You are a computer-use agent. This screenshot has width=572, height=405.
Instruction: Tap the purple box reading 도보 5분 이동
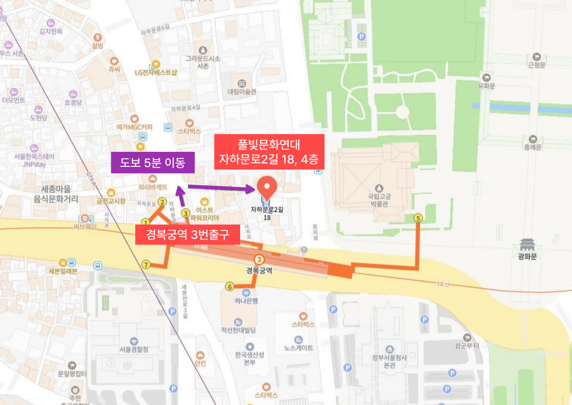tap(153, 162)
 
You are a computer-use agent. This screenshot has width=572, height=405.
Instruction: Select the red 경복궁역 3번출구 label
tap(187, 235)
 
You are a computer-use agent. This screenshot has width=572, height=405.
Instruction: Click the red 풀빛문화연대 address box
tap(269, 152)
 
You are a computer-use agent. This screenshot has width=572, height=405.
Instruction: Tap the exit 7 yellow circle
tap(146, 265)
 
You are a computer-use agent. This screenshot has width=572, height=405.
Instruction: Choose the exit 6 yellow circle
tap(230, 286)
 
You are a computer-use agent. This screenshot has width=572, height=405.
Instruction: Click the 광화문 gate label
tap(528, 256)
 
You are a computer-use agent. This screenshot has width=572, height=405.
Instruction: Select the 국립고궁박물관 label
tap(379, 201)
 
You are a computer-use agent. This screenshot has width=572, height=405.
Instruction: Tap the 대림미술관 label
tap(242, 91)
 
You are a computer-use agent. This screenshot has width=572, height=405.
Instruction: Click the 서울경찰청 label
tap(134, 349)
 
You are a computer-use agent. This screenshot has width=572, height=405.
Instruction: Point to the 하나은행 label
tap(247, 300)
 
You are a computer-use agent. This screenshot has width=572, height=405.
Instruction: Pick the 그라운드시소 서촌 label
tap(203, 62)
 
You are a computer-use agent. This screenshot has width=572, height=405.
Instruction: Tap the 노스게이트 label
tap(298, 348)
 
